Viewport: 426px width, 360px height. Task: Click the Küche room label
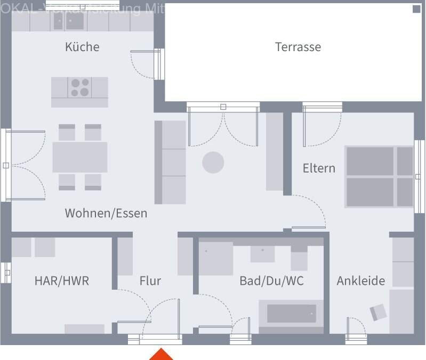(x=82, y=47)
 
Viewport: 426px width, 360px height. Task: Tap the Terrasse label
(x=298, y=47)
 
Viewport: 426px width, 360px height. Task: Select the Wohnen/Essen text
(x=106, y=214)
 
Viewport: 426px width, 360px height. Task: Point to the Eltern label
(x=319, y=168)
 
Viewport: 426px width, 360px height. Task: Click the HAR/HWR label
(x=62, y=281)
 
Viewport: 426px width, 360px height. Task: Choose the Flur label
(x=150, y=281)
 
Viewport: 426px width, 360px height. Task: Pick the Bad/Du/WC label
(x=271, y=281)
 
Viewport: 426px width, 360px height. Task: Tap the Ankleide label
(x=360, y=281)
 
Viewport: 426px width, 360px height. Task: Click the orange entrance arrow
(x=161, y=354)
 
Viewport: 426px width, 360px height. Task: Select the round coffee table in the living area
(x=213, y=162)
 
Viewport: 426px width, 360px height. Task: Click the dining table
(x=79, y=157)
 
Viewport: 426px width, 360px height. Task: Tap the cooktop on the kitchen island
(x=80, y=87)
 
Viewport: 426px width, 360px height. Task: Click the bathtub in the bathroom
(x=291, y=313)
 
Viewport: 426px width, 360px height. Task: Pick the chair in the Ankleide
(x=378, y=312)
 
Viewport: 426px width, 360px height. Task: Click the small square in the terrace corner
(x=416, y=9)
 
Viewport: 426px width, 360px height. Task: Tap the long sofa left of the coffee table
(x=170, y=162)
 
